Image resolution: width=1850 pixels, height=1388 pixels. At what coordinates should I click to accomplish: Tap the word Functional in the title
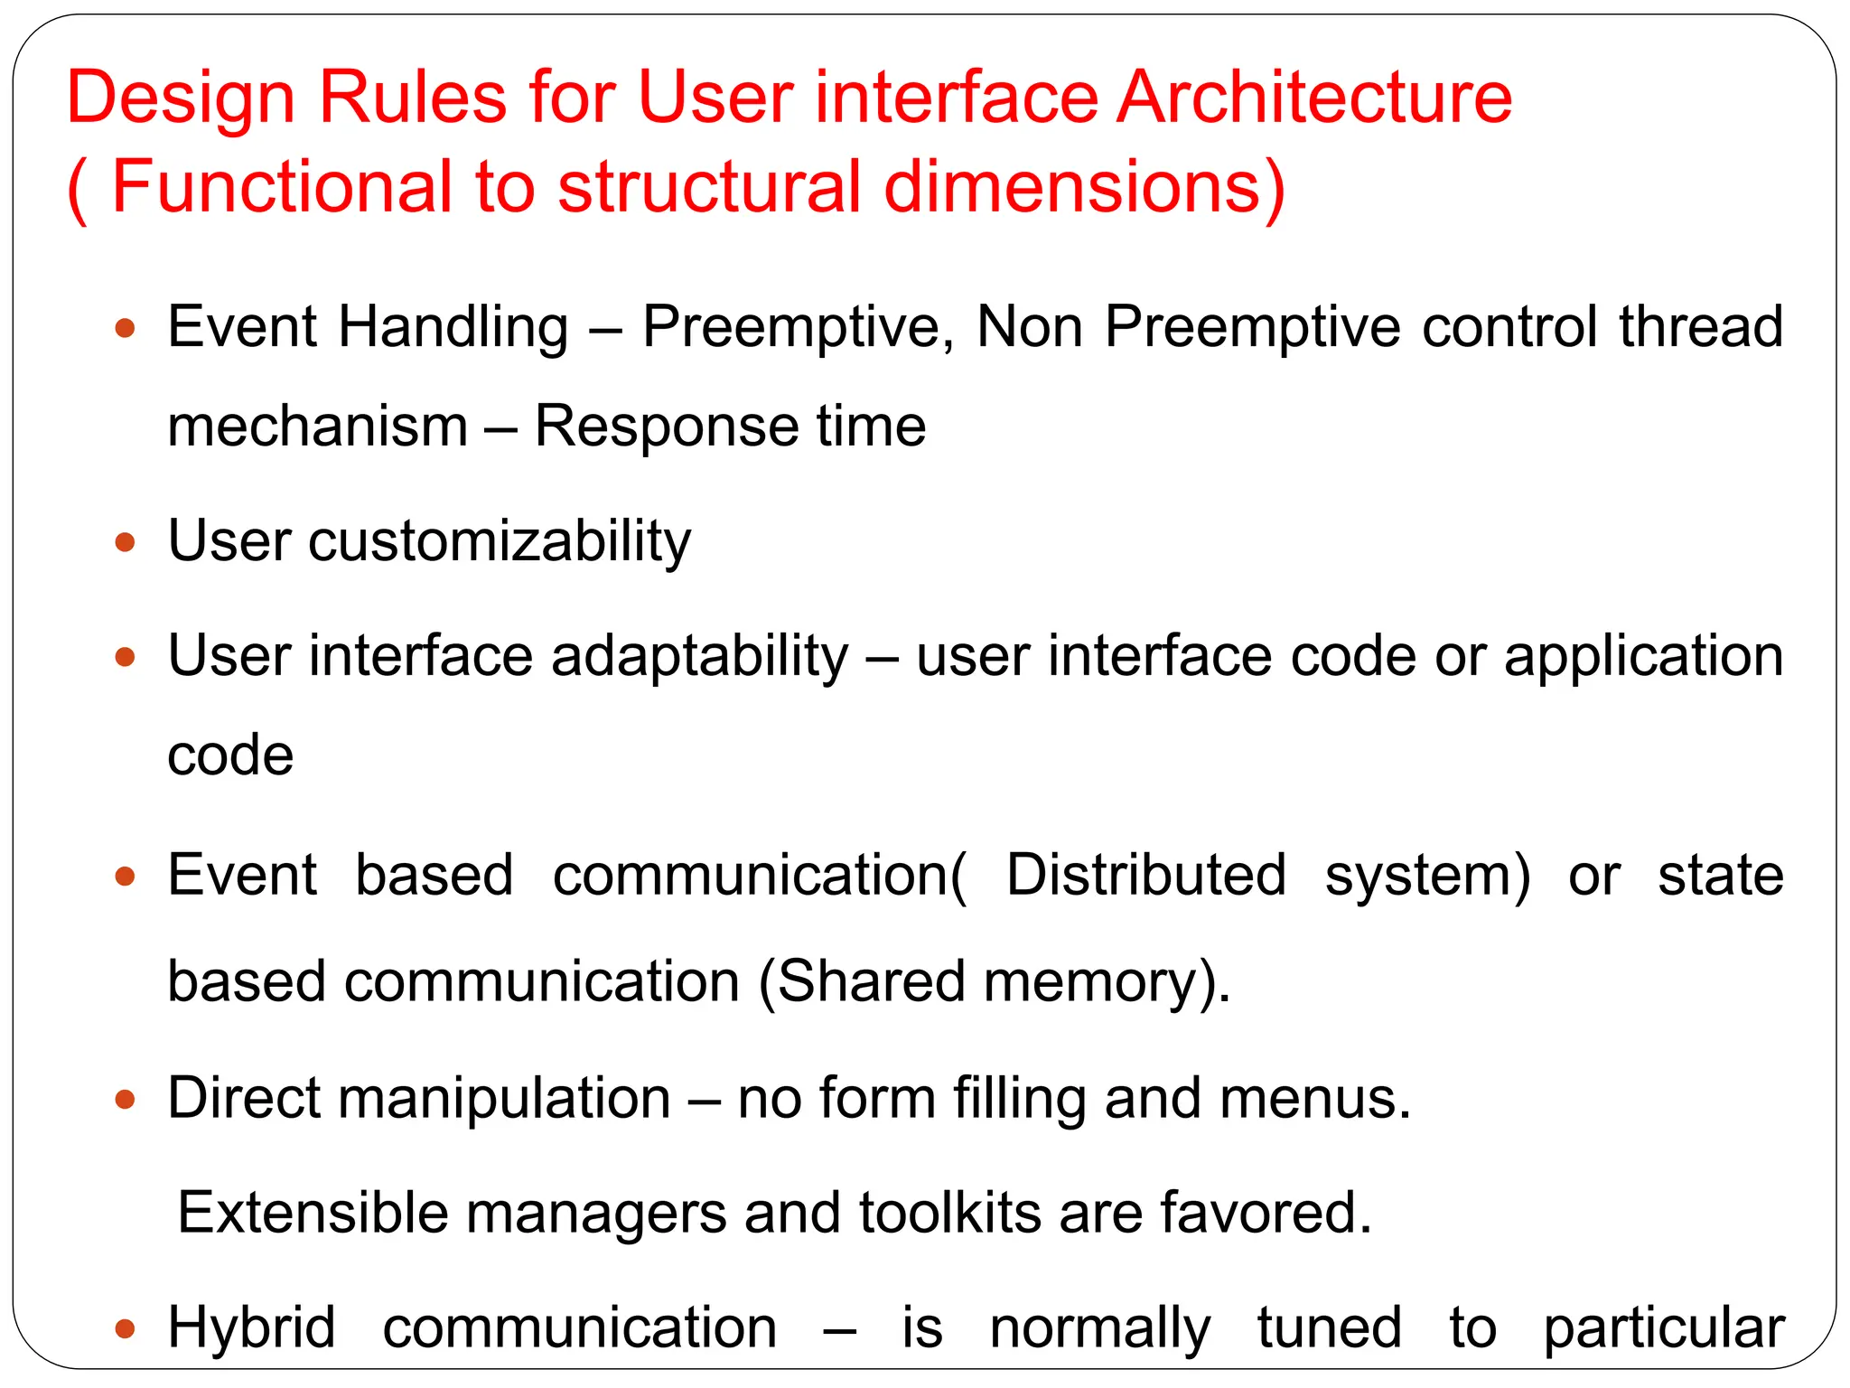pos(281,187)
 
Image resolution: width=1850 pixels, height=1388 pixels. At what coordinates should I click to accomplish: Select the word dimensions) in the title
pos(1084,187)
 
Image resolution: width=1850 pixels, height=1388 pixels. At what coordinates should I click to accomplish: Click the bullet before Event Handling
pos(126,327)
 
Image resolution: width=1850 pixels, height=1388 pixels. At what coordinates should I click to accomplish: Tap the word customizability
pos(500,542)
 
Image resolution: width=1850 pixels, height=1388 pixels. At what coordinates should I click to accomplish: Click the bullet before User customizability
pos(126,543)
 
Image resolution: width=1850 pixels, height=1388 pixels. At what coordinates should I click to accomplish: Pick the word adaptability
pos(700,657)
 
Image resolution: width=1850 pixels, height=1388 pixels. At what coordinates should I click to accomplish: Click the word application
pos(1643,657)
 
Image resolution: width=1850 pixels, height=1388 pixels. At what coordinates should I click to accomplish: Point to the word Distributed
pos(1145,876)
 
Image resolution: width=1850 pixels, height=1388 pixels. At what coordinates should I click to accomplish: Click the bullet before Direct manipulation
pos(126,1100)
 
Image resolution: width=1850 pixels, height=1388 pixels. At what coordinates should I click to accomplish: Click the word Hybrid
pos(251,1329)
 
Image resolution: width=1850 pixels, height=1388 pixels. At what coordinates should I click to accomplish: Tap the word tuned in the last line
pos(1329,1328)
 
